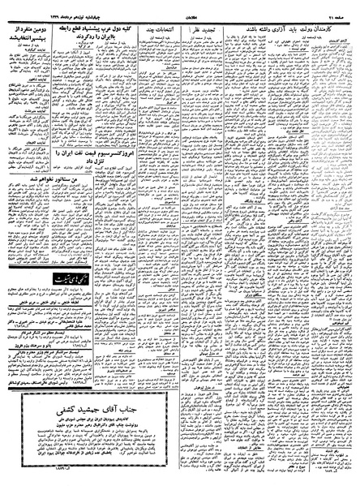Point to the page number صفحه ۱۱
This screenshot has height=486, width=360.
341,5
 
